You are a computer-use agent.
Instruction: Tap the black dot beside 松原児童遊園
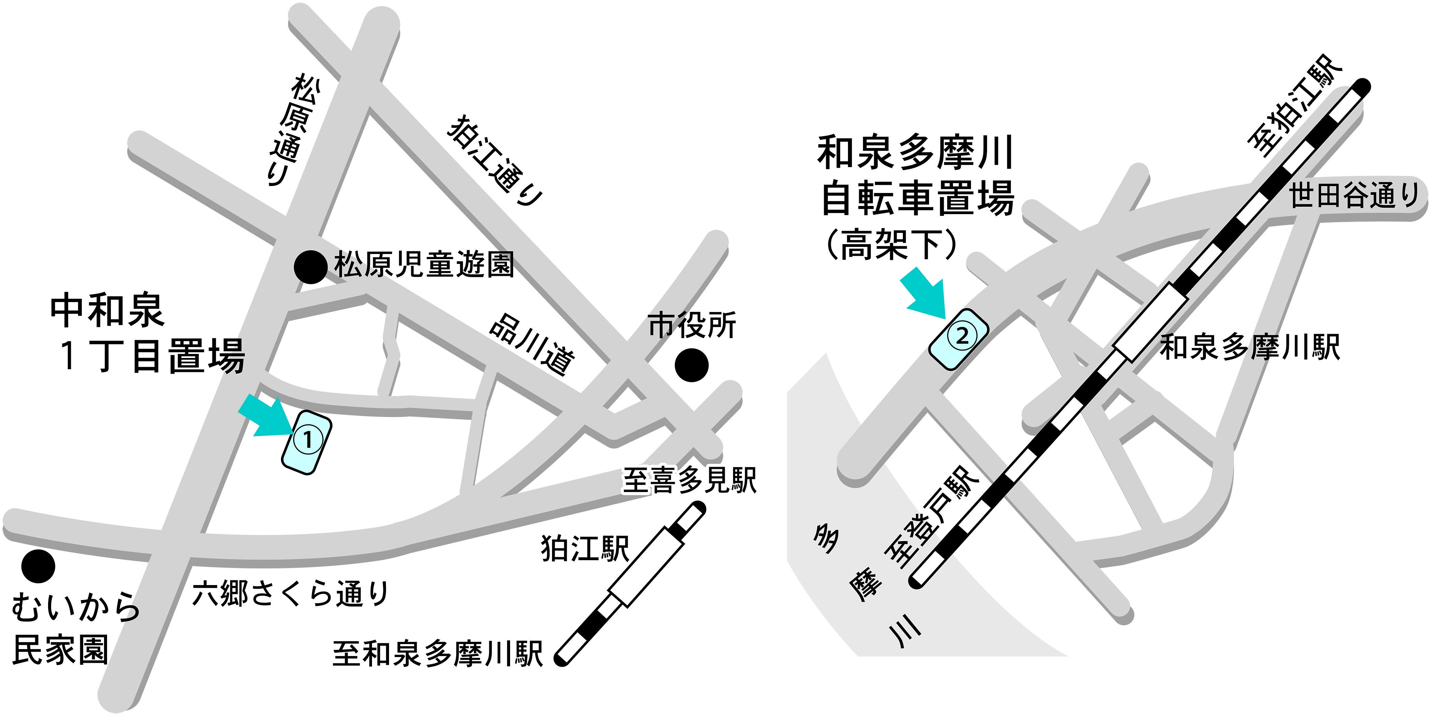(x=310, y=267)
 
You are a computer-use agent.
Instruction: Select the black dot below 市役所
(x=691, y=365)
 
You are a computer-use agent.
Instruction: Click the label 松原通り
(x=293, y=131)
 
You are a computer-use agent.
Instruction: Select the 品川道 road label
(x=532, y=344)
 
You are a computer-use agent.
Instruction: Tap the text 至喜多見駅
(x=689, y=480)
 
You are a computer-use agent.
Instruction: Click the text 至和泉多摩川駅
(x=437, y=654)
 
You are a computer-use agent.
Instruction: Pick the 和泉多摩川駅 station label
(x=1250, y=347)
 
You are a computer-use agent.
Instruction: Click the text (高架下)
(x=892, y=244)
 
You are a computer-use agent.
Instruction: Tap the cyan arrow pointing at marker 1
(x=266, y=417)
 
